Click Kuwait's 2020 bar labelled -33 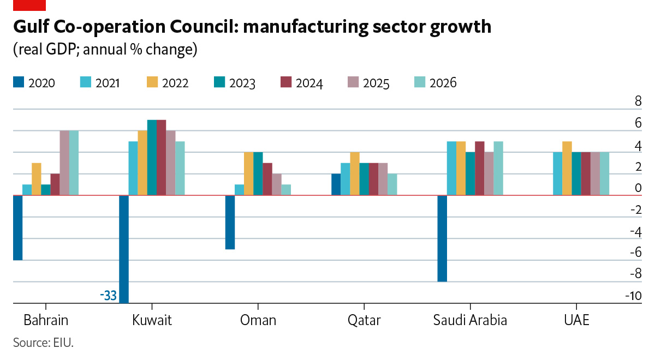point(124,249)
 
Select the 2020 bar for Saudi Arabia point(442,238)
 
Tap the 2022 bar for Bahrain point(37,179)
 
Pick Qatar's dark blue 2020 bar point(336,184)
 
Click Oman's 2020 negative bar point(230,222)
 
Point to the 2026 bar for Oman point(286,190)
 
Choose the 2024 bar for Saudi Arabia point(480,168)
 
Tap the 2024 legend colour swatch point(285,82)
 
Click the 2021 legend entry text point(107,83)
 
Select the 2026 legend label point(443,83)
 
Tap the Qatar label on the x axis point(364,320)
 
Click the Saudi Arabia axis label point(470,320)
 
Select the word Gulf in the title point(32,27)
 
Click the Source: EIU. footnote point(43,343)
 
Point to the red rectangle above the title point(29,5)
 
